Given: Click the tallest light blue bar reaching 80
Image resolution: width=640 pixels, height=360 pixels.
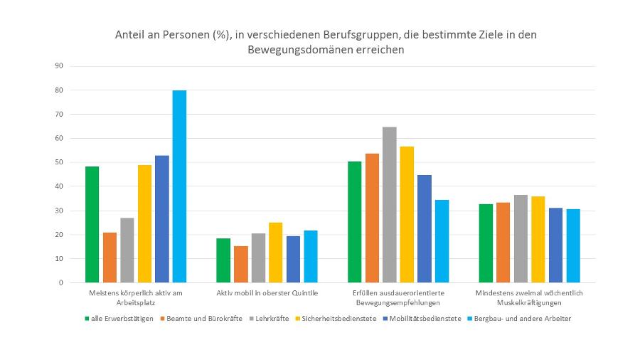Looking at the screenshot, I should pos(179,186).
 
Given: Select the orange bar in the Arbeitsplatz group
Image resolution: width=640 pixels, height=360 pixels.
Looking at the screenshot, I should pos(110,258).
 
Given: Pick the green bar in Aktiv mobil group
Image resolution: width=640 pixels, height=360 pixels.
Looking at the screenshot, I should pos(223,260).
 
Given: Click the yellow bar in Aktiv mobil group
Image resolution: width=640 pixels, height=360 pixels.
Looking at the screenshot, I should pos(275,253).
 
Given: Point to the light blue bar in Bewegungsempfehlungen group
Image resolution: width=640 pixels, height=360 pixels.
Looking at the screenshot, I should pos(442,241).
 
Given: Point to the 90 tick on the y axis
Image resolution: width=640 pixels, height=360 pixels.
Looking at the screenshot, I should pos(59,66).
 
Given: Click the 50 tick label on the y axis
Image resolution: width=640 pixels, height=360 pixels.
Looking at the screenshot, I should pos(59,162).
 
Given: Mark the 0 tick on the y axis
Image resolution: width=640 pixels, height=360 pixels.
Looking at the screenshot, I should pos(61,282).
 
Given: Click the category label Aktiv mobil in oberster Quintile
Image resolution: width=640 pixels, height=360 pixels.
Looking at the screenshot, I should pos(267,292).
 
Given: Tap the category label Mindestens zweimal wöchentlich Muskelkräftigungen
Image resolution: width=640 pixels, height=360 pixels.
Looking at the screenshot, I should pos(529,297).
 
